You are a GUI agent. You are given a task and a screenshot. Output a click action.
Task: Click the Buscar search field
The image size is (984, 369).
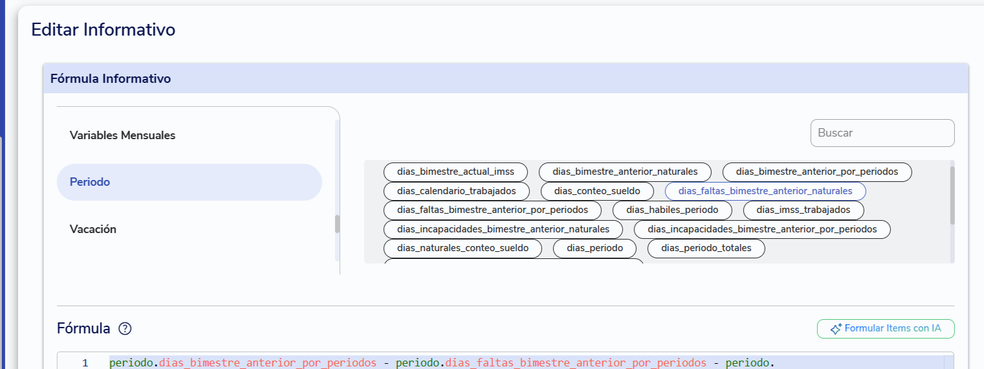(882, 133)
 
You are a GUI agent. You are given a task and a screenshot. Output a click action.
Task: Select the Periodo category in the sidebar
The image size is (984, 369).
(190, 182)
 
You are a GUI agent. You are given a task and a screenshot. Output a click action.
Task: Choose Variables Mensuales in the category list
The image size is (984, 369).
(122, 135)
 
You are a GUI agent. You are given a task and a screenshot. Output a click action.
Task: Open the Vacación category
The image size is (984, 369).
(93, 229)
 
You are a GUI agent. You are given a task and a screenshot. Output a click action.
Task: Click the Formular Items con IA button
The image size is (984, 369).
(886, 328)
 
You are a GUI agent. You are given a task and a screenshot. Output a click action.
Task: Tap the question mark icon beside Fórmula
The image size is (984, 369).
(125, 328)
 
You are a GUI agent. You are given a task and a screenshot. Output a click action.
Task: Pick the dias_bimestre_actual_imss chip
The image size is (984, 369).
(455, 172)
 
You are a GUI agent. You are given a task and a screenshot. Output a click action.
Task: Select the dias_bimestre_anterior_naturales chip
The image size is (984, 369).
(625, 172)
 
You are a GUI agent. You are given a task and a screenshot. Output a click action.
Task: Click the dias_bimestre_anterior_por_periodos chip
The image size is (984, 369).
(817, 172)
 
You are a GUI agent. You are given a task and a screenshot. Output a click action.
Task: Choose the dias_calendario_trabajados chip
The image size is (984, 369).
(456, 192)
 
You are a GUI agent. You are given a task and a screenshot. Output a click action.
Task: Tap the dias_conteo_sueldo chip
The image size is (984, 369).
(597, 192)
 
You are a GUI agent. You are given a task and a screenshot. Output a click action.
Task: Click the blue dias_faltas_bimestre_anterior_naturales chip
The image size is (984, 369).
(765, 192)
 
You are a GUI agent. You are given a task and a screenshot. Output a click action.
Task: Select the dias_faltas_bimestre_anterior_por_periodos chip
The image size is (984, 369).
(492, 210)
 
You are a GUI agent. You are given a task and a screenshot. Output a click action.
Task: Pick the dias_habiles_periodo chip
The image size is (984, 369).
(672, 210)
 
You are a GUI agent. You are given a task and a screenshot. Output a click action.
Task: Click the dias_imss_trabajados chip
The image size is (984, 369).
(804, 210)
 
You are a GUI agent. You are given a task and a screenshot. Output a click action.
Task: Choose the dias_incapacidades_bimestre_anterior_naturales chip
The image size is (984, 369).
(503, 230)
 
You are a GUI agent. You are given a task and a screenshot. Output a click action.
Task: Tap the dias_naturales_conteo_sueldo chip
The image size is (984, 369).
(463, 249)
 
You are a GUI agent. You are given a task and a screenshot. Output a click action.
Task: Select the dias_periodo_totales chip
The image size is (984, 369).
(706, 249)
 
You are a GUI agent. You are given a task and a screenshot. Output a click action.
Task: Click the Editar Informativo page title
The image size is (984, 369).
(104, 30)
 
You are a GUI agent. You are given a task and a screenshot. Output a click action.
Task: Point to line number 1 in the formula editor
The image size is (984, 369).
(85, 363)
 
